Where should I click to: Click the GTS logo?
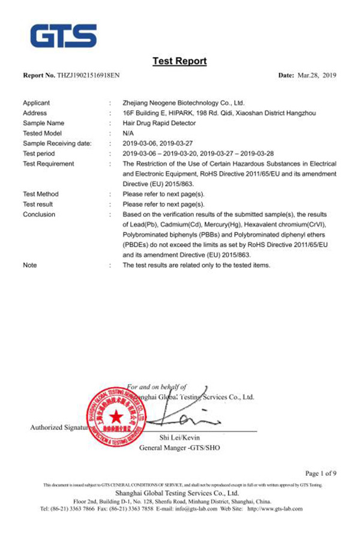64,35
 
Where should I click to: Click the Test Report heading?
179,61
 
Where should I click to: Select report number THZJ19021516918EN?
91,76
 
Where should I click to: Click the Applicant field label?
36,103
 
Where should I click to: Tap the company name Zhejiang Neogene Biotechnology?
183,103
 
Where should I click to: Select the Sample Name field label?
43,123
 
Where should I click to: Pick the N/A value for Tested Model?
128,133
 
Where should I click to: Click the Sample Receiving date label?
57,143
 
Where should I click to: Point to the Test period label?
40,154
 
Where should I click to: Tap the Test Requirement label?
48,164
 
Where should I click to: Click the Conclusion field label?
39,214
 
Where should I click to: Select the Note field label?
29,265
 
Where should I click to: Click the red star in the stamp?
115,417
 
